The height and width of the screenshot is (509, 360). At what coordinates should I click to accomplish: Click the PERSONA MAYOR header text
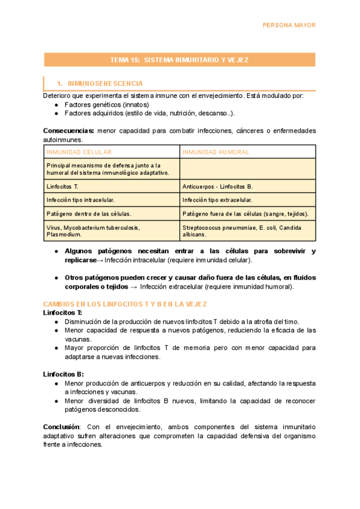click(289, 25)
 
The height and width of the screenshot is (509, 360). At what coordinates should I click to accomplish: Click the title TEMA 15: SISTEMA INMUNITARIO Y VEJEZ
click(179, 60)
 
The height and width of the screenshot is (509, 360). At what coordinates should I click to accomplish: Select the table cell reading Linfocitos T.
click(62, 187)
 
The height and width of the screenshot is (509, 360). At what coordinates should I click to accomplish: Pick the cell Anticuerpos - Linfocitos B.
click(218, 187)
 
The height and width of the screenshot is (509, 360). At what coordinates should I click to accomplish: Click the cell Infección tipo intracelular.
click(80, 200)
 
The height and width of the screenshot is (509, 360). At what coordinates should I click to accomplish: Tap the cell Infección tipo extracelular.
click(217, 200)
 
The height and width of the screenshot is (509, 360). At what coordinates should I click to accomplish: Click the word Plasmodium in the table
click(62, 235)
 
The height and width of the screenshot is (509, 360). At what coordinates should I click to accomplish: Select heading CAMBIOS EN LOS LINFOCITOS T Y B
click(125, 304)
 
